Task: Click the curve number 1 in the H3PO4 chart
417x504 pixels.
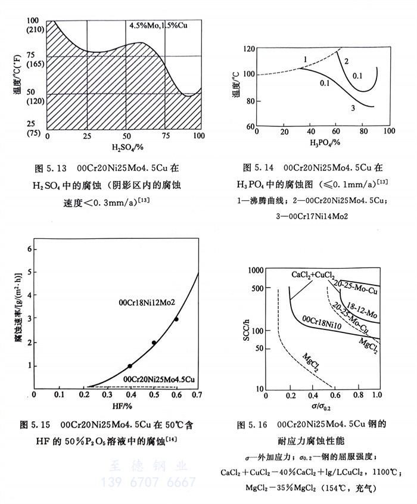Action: coord(304,60)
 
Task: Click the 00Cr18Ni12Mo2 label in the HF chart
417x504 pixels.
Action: coord(145,303)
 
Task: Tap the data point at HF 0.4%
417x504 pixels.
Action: coord(130,366)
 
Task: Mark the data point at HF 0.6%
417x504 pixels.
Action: coord(176,319)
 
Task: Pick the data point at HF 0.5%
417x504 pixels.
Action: coord(154,343)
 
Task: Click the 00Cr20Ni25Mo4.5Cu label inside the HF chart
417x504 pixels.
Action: coord(159,379)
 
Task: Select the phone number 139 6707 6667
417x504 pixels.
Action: coord(149,482)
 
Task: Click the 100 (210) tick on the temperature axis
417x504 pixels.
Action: coord(32,24)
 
